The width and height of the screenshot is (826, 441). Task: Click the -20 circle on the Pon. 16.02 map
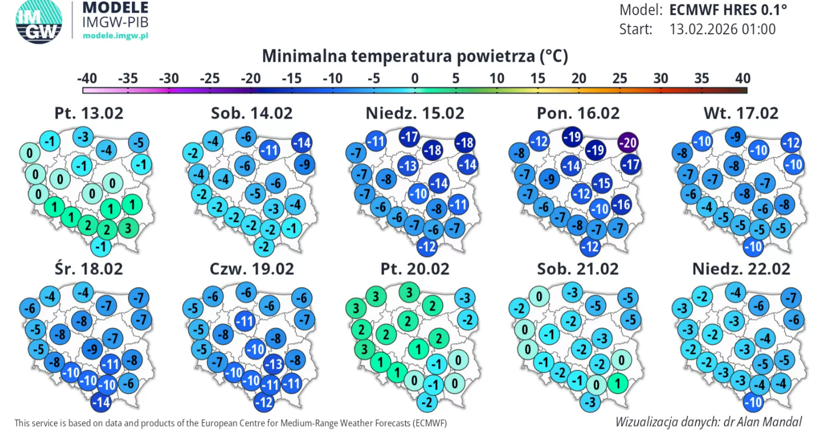pos(628,143)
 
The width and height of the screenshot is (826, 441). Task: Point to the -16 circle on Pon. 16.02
pos(622,204)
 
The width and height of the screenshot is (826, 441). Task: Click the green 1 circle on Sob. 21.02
pos(617,383)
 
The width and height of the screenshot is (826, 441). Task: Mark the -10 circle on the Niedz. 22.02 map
pos(753,402)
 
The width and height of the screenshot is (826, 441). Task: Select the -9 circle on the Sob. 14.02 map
pos(305,165)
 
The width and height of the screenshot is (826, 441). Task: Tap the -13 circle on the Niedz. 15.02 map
pos(408,166)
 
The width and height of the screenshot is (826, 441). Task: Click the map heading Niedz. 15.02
pos(415,113)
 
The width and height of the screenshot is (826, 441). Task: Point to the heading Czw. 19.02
pos(251,269)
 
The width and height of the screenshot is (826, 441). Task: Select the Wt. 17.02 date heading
pos(741,113)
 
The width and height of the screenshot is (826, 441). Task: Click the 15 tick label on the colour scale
pos(538,78)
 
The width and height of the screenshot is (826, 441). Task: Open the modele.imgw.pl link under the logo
pos(115,35)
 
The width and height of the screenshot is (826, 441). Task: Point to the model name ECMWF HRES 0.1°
pos(728,10)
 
